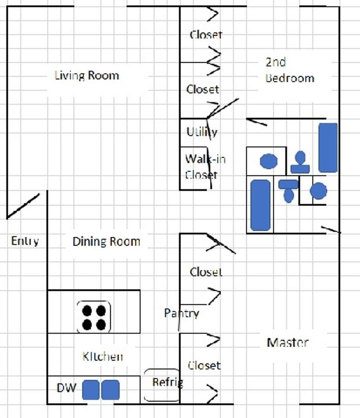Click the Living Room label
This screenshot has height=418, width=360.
(87, 76)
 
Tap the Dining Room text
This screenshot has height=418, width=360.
(106, 242)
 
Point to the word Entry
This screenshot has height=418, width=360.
(25, 241)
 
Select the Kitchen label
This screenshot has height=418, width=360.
(103, 356)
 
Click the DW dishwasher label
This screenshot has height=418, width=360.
(67, 388)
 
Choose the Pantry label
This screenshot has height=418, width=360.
(181, 313)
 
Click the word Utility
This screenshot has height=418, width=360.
(202, 132)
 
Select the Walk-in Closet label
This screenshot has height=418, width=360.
(205, 167)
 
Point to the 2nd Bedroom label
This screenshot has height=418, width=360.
(290, 70)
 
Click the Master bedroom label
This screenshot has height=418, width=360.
(288, 343)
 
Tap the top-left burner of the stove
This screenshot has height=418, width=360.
(87, 311)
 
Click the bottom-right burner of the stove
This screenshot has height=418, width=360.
(101, 325)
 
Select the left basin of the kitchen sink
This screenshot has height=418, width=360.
(91, 390)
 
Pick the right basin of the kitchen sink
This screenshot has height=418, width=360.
(110, 390)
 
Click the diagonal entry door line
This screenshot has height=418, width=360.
(23, 206)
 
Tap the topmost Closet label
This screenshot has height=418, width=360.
(206, 35)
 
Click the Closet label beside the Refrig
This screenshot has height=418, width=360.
(204, 365)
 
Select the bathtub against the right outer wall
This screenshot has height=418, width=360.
(328, 148)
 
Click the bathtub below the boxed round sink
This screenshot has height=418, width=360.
(261, 205)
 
